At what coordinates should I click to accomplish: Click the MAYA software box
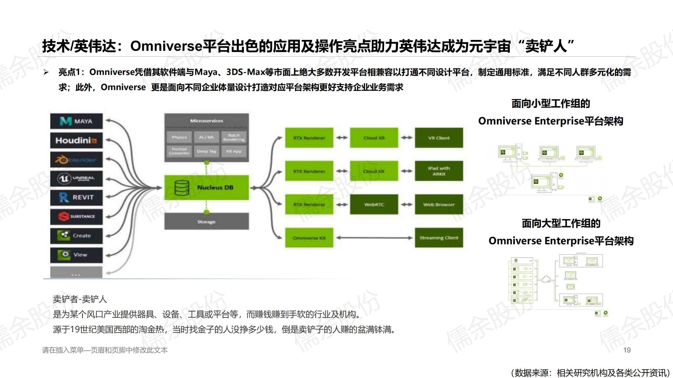coord(76,121)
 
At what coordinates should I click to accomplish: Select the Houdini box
coord(76,140)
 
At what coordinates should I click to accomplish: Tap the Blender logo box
coord(76,160)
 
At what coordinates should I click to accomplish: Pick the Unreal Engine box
coord(76,179)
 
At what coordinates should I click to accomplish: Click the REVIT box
coord(76,198)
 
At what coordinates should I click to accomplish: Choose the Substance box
coord(76,217)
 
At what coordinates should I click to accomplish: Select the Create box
coord(76,235)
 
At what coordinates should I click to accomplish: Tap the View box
coord(76,255)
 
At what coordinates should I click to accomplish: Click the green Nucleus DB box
coord(206,188)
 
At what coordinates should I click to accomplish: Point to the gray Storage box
coord(206,222)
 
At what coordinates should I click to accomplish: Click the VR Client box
coord(439,138)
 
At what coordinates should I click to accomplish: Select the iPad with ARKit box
coord(439,171)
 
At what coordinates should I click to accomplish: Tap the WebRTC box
coord(374,205)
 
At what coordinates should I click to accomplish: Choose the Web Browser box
coord(439,205)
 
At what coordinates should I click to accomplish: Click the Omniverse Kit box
coord(309,238)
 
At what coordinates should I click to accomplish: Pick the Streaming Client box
coord(439,238)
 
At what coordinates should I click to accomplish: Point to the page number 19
coord(627,350)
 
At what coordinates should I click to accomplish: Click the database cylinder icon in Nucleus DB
coord(182,188)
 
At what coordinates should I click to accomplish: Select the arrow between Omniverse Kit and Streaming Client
coord(374,238)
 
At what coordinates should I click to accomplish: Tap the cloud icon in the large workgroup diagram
coord(546,279)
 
